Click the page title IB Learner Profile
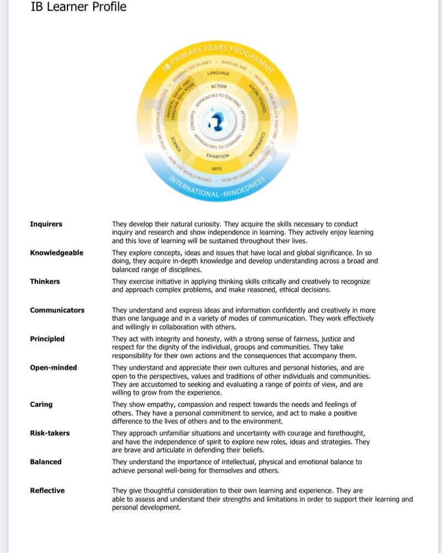click(79, 7)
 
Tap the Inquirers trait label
click(46, 224)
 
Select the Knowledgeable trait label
click(56, 253)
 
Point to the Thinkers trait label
click(45, 281)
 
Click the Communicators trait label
click(57, 310)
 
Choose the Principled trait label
click(47, 339)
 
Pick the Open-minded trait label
click(53, 368)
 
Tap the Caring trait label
click(41, 404)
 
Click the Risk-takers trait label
click(50, 433)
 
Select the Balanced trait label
click(45, 462)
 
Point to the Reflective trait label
click(47, 491)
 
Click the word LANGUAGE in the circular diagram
click(218, 73)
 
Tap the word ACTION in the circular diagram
click(219, 86)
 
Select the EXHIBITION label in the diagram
click(219, 156)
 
